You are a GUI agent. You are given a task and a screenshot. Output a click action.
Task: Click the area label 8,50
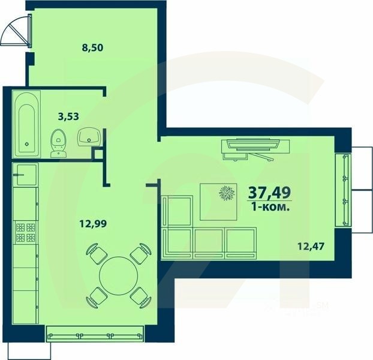click(92, 49)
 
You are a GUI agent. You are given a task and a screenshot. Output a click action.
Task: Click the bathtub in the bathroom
click(26, 124)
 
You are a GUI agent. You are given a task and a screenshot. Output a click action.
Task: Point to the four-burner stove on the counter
click(26, 233)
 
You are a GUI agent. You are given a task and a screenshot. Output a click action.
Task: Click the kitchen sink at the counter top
click(26, 175)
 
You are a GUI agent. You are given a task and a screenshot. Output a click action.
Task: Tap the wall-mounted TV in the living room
click(255, 145)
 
